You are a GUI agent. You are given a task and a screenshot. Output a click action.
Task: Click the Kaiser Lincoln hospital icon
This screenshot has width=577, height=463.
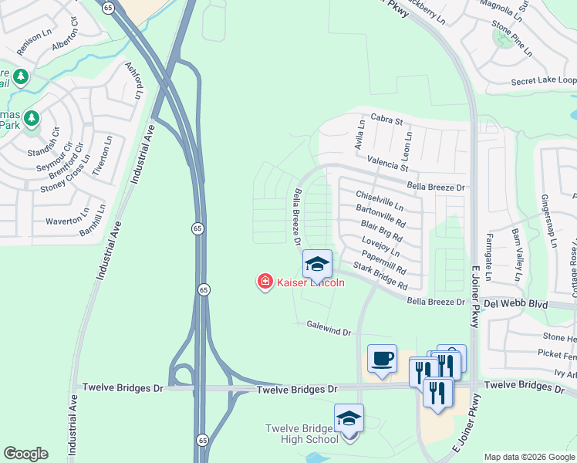(x=265, y=282)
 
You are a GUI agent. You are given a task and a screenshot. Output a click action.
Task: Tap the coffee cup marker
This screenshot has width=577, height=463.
(x=382, y=358)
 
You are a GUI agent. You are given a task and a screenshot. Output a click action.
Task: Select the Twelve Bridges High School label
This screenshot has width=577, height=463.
(x=302, y=434)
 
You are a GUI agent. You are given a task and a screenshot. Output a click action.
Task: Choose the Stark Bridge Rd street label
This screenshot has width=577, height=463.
(x=380, y=276)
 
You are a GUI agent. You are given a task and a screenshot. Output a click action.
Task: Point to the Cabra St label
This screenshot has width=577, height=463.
(x=386, y=120)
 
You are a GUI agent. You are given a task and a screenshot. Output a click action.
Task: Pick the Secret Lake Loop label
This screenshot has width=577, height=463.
(x=543, y=81)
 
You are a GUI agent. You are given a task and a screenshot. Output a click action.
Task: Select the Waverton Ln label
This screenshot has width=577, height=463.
(x=69, y=221)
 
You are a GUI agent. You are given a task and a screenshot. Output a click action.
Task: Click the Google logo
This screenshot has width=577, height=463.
(x=25, y=453)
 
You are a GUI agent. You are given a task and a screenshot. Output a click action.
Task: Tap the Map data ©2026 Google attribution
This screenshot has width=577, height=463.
(x=529, y=457)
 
